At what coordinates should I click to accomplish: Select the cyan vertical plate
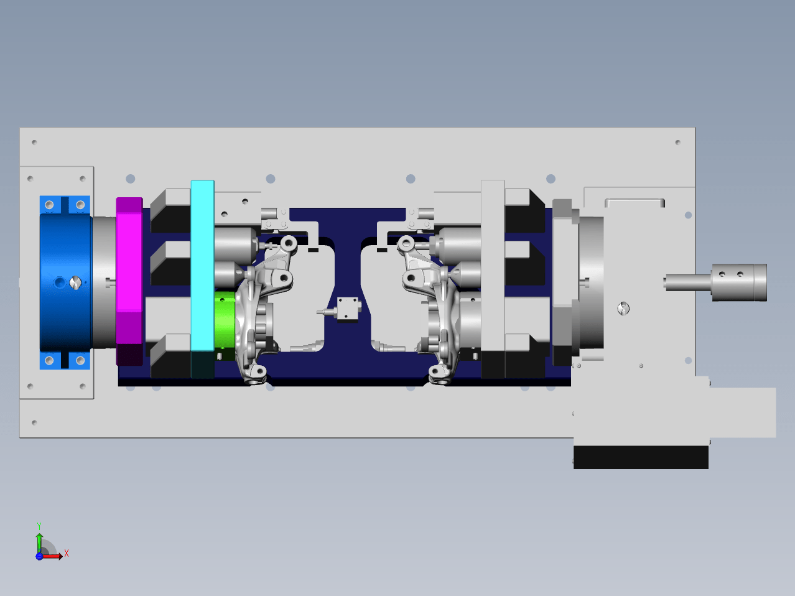click(x=202, y=266)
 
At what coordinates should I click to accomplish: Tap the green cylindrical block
click(x=225, y=320)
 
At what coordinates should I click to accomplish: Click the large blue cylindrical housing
click(x=65, y=282)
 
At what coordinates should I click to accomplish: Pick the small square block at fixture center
click(x=348, y=309)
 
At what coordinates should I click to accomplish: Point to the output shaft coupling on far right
click(x=739, y=282)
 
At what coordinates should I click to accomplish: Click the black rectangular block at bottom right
click(x=641, y=457)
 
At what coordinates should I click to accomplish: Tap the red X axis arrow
click(x=51, y=556)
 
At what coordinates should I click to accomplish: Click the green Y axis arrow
click(x=39, y=544)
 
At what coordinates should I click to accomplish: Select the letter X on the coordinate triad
click(x=67, y=553)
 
